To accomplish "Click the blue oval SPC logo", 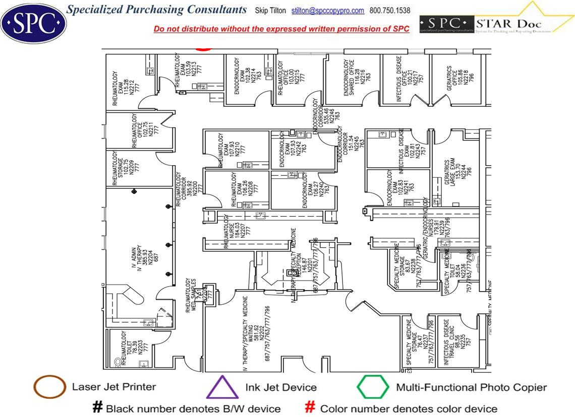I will pyautogui.click(x=33, y=22).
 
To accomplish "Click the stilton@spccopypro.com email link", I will pyautogui.click(x=328, y=11).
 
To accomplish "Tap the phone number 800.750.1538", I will pyautogui.click(x=390, y=11).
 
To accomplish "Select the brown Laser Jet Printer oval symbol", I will pyautogui.click(x=49, y=387).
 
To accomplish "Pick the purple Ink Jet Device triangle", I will pyautogui.click(x=222, y=388).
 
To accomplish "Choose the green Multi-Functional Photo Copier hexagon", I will pyautogui.click(x=373, y=388).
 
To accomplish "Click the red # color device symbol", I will pyautogui.click(x=311, y=407).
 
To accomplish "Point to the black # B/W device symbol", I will pyautogui.click(x=97, y=407).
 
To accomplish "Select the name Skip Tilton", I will pyautogui.click(x=271, y=11).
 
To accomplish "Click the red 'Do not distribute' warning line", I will pyautogui.click(x=281, y=29).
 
